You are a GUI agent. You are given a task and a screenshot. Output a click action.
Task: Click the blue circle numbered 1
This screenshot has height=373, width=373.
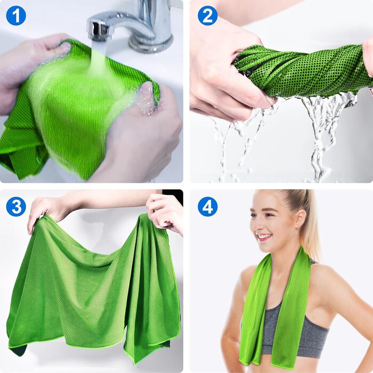[x=16, y=15]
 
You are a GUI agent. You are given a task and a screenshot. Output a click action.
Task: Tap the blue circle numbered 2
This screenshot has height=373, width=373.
[x=208, y=15]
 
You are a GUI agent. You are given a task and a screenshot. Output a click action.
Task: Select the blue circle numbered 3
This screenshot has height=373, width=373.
[x=16, y=207]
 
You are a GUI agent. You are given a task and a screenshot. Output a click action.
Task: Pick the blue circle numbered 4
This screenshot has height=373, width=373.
[x=208, y=207]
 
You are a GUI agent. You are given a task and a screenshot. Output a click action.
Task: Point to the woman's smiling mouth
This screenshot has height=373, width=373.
[x=264, y=237]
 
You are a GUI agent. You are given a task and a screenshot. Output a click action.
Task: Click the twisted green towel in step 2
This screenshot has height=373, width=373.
[x=302, y=71]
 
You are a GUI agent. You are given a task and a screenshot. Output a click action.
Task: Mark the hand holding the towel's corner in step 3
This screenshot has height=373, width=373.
[x=42, y=209]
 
